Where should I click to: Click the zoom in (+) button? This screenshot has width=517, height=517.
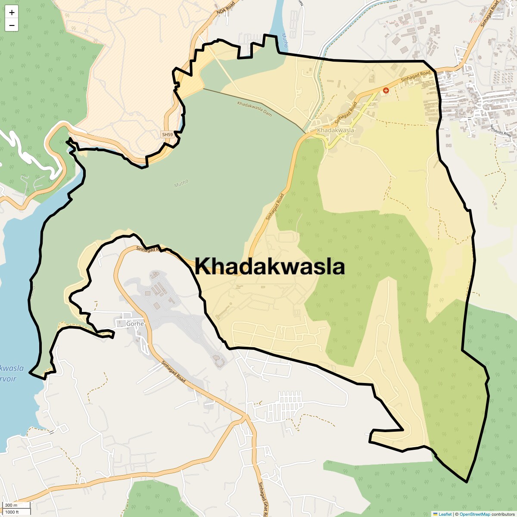pyautogui.click(x=12, y=12)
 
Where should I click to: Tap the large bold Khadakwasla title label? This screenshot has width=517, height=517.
pyautogui.click(x=270, y=267)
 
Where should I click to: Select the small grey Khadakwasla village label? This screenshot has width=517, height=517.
pyautogui.click(x=336, y=130)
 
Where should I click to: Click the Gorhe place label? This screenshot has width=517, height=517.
pyautogui.click(x=135, y=324)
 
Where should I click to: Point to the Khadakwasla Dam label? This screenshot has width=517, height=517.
pyautogui.click(x=255, y=109)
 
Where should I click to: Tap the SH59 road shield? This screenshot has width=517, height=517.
pyautogui.click(x=167, y=135)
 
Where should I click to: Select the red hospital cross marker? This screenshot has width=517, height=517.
pyautogui.click(x=386, y=90)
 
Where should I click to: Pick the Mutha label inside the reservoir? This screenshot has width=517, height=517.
pyautogui.click(x=181, y=184)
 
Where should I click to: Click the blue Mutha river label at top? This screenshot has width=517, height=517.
pyautogui.click(x=284, y=41)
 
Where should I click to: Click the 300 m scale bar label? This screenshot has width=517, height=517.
pyautogui.click(x=12, y=505)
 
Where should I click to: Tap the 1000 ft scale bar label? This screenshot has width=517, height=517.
pyautogui.click(x=12, y=512)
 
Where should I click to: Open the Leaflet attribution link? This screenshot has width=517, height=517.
pyautogui.click(x=445, y=514)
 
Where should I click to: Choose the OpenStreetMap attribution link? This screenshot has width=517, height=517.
pyautogui.click(x=475, y=514)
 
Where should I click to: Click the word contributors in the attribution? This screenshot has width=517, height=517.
pyautogui.click(x=503, y=514)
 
